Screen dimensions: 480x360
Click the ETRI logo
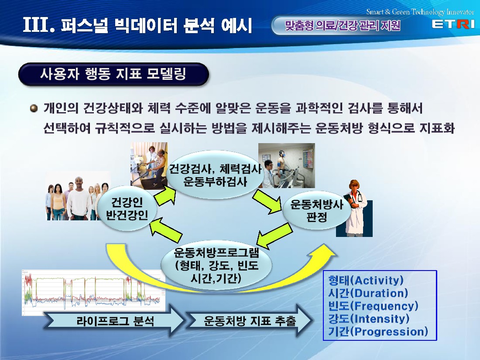(x=453, y=24)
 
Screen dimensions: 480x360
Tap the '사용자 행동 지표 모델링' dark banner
(x=113, y=74)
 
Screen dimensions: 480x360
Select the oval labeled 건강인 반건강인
(x=127, y=209)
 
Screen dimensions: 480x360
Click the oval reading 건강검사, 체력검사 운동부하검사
(x=215, y=175)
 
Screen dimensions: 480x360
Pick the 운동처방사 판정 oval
(x=316, y=210)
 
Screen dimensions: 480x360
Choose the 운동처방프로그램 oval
(x=216, y=265)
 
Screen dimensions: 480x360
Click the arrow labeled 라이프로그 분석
(x=114, y=321)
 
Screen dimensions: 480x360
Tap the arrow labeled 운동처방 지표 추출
(x=250, y=321)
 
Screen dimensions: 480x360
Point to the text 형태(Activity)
(x=366, y=280)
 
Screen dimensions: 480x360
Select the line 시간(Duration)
(x=368, y=293)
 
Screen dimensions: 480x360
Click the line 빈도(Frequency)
(x=373, y=306)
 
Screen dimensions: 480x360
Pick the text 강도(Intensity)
(x=369, y=319)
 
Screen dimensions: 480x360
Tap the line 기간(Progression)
(x=378, y=332)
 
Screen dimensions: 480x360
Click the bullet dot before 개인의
(x=34, y=108)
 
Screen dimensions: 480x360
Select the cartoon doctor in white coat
(x=355, y=208)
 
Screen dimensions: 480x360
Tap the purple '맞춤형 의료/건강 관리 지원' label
(x=343, y=25)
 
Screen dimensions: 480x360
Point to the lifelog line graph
(x=94, y=293)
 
